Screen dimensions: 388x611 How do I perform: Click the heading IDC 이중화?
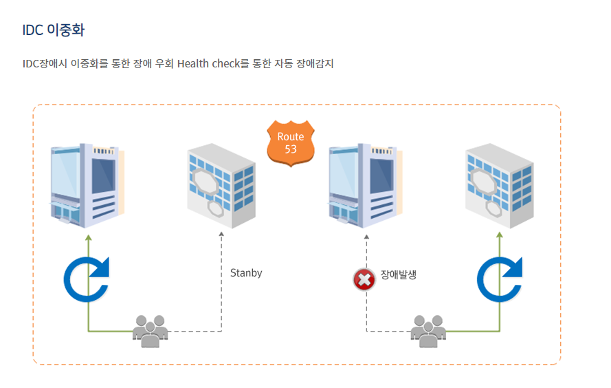pyautogui.click(x=53, y=30)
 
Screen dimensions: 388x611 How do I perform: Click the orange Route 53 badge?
pyautogui.click(x=290, y=143)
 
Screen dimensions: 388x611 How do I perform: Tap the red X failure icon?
pyautogui.click(x=364, y=279)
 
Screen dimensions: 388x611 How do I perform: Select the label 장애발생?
pyautogui.click(x=399, y=274)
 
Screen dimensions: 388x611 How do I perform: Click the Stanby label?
pyautogui.click(x=246, y=273)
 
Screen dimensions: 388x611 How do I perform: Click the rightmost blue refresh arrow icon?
pyautogui.click(x=500, y=280)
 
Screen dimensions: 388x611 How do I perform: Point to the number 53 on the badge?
pyautogui.click(x=291, y=149)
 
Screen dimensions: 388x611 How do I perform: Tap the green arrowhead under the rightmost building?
pyautogui.click(x=500, y=235)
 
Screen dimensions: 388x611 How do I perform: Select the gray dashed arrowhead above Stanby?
pyautogui.click(x=221, y=235)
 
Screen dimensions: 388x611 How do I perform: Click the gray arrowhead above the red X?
pyautogui.click(x=366, y=237)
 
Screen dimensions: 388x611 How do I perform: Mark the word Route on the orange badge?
pyautogui.click(x=291, y=137)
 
